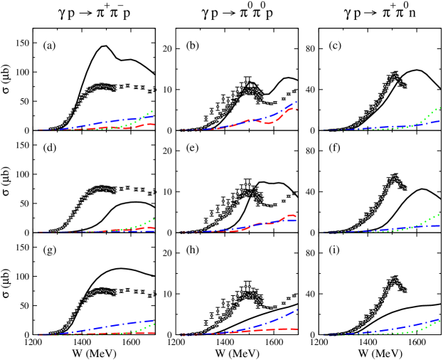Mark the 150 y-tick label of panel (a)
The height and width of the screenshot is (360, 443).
coord(22,43)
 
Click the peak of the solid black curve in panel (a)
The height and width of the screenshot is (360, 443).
coord(105,46)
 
